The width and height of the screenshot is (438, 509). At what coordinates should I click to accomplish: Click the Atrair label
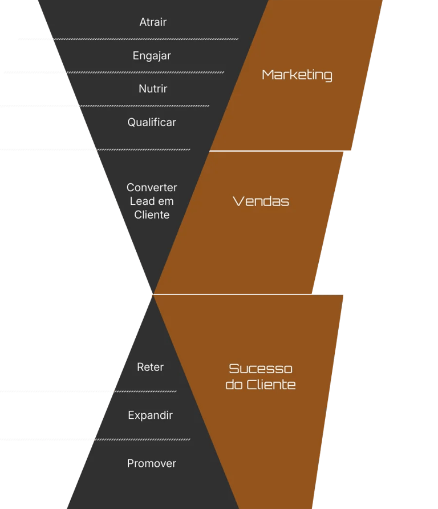point(153,22)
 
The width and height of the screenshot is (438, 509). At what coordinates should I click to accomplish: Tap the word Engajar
point(152,56)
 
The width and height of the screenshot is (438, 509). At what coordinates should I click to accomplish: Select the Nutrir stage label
point(153,89)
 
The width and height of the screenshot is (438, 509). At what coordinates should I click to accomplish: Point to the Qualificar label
point(152,122)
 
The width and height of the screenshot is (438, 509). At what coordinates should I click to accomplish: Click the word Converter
point(152,187)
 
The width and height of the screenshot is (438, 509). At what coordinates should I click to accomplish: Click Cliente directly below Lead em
point(152,215)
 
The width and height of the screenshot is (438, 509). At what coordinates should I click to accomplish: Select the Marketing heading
point(297,75)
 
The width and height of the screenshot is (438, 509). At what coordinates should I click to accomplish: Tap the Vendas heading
point(261,201)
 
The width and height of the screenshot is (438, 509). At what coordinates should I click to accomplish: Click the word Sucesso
point(261,368)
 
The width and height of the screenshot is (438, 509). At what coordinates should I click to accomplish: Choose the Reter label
point(151,367)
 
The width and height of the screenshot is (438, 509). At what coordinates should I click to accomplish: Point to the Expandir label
point(151,415)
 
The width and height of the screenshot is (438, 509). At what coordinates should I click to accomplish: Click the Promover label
point(152,463)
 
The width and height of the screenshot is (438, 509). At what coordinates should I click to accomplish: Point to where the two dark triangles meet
point(153,294)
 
